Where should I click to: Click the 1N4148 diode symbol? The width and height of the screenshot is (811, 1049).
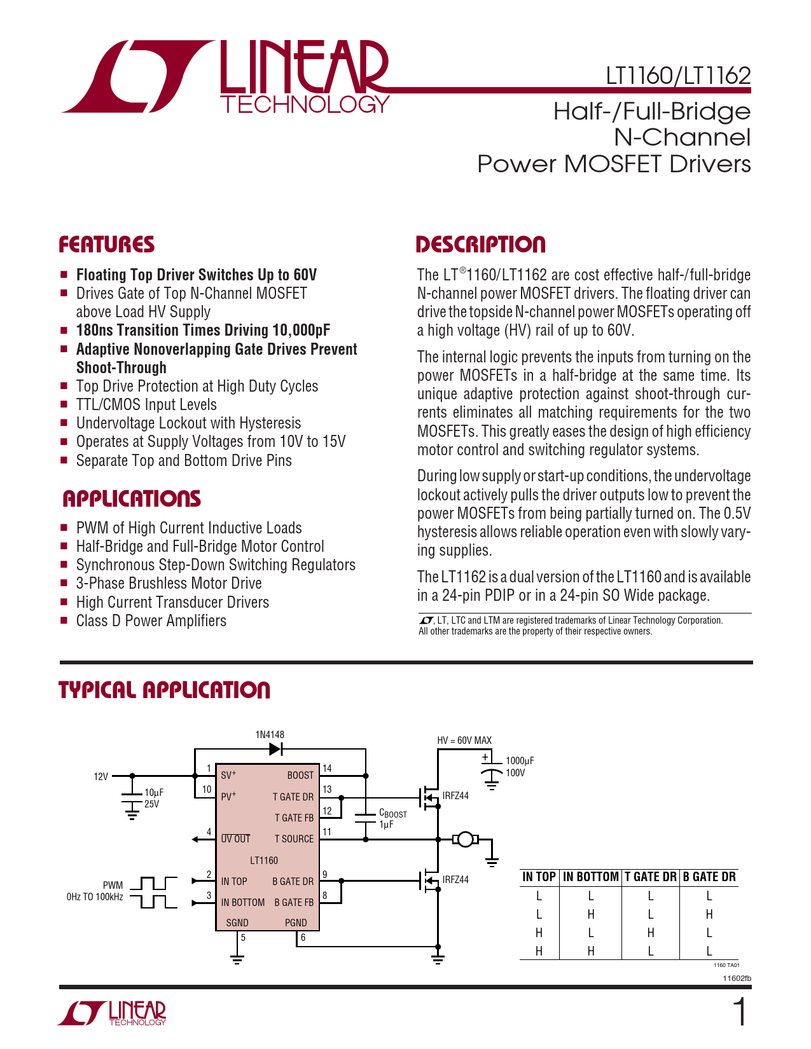[275, 749]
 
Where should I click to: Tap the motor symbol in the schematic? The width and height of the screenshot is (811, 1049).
[466, 839]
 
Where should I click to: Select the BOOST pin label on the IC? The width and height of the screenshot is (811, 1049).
[300, 776]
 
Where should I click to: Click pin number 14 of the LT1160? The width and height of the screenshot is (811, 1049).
[327, 768]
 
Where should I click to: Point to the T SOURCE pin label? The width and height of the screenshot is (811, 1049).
[294, 839]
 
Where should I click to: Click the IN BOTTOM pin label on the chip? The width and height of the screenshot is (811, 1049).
[243, 903]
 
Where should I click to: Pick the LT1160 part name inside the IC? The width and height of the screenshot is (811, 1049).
[264, 861]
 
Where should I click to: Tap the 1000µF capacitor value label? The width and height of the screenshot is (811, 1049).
[520, 761]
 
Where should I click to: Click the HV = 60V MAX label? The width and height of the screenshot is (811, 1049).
[464, 741]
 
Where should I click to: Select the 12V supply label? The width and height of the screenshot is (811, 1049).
[101, 776]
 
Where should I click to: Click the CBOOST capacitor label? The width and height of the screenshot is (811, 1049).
[392, 814]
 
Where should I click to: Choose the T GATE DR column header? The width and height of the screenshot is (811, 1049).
[650, 877]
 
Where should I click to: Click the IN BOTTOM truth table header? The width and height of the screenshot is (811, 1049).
[590, 877]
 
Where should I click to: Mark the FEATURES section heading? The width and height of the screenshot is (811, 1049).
[107, 245]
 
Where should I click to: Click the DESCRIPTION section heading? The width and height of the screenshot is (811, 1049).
[481, 245]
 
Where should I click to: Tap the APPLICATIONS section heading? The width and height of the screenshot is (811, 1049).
[132, 499]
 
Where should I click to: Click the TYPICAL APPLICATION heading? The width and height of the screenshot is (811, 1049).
[165, 690]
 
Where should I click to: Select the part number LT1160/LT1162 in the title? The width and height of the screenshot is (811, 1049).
[678, 76]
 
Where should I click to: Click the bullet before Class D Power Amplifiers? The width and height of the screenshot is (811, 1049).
[64, 620]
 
